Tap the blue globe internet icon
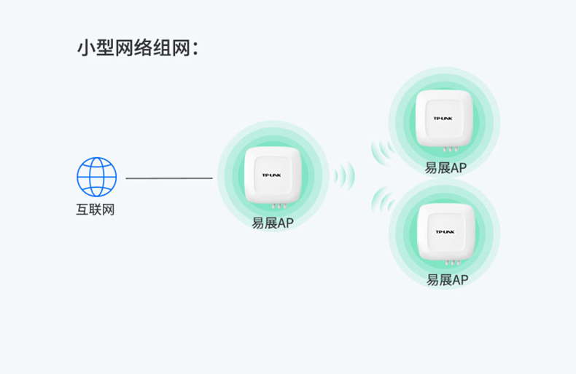(96, 177)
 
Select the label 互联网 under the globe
(96, 210)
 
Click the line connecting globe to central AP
(169, 178)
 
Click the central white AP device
(273, 175)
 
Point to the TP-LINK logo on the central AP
(272, 175)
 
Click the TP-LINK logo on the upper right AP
(443, 118)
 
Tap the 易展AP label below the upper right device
(445, 168)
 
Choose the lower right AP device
(445, 231)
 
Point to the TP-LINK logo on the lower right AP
(445, 231)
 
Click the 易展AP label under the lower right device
(446, 280)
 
